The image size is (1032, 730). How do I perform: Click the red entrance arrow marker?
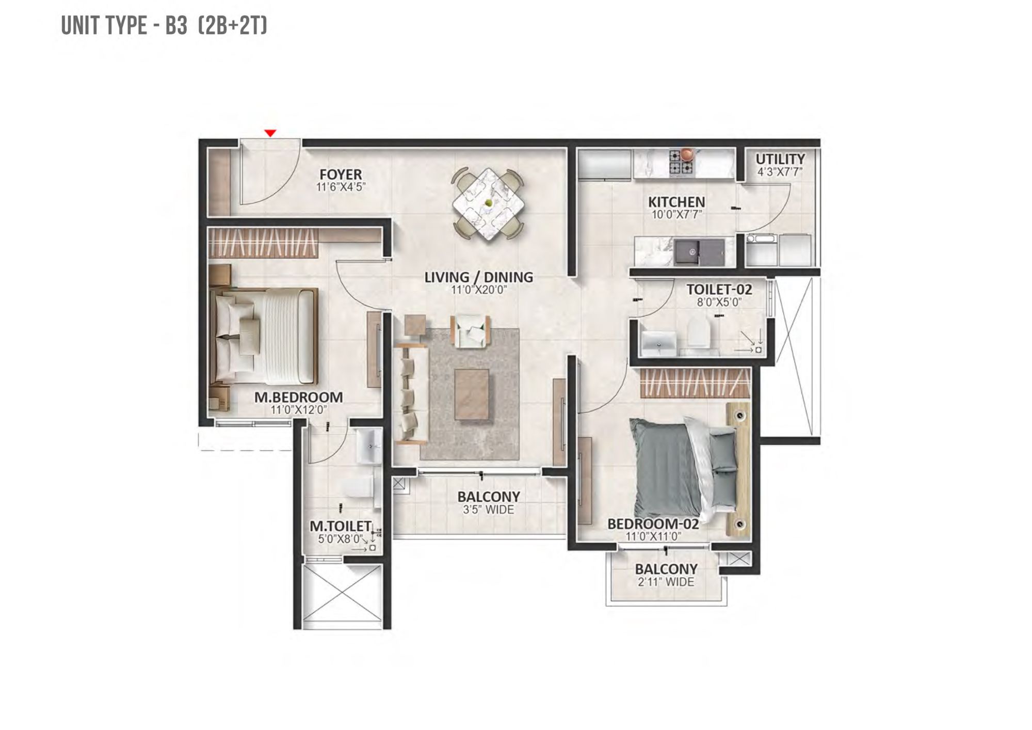click(270, 133)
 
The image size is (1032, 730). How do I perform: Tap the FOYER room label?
click(341, 174)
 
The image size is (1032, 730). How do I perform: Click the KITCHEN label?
click(676, 202)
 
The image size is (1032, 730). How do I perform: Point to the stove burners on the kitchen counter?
click(682, 161)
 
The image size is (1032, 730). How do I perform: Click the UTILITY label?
click(780, 159)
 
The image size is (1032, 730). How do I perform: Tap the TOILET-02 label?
click(719, 290)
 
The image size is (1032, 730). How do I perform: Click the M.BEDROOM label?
click(298, 397)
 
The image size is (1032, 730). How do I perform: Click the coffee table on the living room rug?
click(472, 395)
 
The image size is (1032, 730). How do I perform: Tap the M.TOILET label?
click(340, 526)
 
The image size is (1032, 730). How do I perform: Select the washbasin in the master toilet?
click(369, 446)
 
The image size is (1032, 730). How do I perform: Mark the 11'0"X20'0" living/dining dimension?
click(479, 290)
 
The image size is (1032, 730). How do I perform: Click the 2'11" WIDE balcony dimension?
click(666, 582)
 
